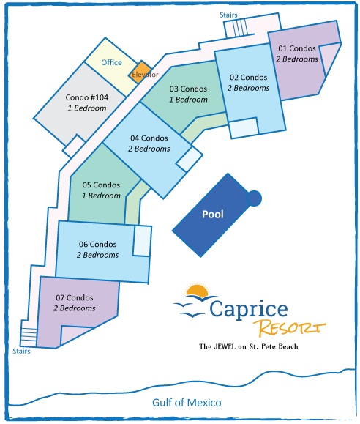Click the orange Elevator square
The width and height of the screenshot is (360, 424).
click(x=140, y=72)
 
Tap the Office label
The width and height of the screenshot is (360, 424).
click(x=111, y=62)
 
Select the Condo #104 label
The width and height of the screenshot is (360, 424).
click(x=87, y=97)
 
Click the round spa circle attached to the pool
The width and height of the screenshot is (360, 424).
click(x=254, y=198)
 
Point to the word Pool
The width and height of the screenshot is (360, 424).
click(x=213, y=214)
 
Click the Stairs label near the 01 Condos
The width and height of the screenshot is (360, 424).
click(x=228, y=15)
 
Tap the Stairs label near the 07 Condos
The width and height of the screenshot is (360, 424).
click(x=21, y=351)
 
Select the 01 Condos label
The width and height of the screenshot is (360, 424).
click(x=297, y=48)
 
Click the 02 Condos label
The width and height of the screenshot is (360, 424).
click(x=248, y=78)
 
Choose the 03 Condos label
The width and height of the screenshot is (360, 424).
click(x=188, y=89)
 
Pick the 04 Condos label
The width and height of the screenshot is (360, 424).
click(x=149, y=138)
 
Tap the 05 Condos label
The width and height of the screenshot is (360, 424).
click(x=101, y=185)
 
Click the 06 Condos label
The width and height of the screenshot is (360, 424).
click(x=97, y=244)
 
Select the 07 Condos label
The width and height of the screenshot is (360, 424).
click(x=75, y=298)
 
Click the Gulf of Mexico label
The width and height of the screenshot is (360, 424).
click(x=187, y=403)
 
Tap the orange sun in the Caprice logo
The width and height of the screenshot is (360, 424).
click(x=198, y=290)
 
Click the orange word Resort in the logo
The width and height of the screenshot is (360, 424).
click(x=290, y=328)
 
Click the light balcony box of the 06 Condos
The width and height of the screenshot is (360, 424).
click(x=143, y=241)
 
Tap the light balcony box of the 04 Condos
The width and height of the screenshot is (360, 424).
click(x=190, y=159)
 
